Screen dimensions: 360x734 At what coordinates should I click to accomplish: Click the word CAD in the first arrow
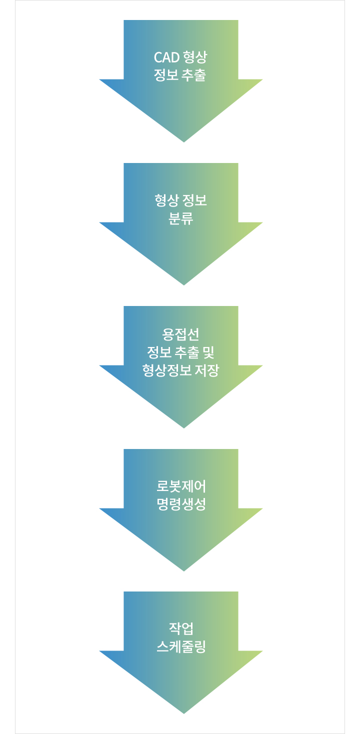click(166, 57)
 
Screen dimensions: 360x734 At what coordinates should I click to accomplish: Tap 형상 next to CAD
click(195, 57)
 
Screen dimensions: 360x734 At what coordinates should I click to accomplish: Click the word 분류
click(181, 218)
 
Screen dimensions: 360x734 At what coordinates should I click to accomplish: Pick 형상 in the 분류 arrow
click(166, 200)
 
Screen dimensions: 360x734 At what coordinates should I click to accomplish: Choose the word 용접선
click(180, 334)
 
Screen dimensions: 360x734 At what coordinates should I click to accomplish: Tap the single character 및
click(208, 352)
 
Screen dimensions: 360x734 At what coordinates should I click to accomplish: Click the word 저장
click(206, 370)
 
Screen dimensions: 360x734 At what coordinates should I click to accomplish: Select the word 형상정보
click(166, 370)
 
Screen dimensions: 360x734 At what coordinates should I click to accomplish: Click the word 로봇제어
click(181, 486)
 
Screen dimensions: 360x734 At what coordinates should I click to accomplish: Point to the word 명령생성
click(181, 504)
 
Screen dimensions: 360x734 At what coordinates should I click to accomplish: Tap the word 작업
click(181, 629)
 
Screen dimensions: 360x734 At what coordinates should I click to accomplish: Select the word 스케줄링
click(181, 646)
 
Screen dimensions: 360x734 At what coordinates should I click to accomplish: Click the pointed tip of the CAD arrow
click(184, 142)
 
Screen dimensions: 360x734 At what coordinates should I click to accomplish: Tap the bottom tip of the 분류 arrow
click(184, 285)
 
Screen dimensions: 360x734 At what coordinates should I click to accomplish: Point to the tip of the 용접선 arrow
click(184, 428)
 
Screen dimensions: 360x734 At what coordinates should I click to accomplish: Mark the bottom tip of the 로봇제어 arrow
click(184, 571)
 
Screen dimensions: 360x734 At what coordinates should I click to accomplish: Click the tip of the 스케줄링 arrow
click(184, 713)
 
